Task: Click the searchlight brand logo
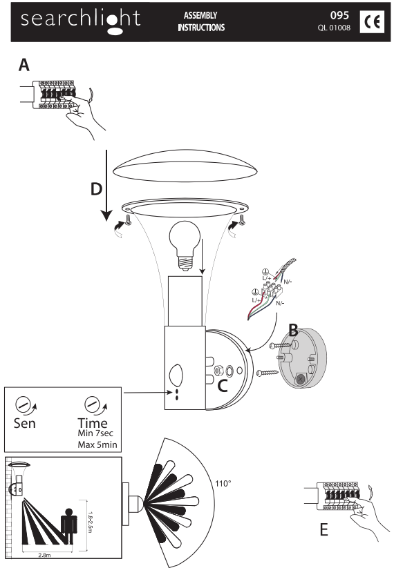pos(80,21)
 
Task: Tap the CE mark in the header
pos(372,21)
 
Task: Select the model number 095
pos(339,15)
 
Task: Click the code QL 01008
pos(334,28)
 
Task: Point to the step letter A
pos(24,65)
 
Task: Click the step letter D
pos(96,189)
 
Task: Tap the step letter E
pos(324,529)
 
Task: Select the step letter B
pos(293,330)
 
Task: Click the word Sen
pos(25,423)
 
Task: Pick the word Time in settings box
pos(93,422)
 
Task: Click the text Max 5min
pos(97,444)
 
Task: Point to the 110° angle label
pos(223,483)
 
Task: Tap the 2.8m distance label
pos(44,555)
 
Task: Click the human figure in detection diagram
pos(68,527)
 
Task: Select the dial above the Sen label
pos(23,404)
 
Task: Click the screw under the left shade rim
pos(128,219)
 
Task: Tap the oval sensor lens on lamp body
pos(176,375)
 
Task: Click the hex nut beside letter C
pos(219,371)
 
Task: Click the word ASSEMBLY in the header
pos(200,15)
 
